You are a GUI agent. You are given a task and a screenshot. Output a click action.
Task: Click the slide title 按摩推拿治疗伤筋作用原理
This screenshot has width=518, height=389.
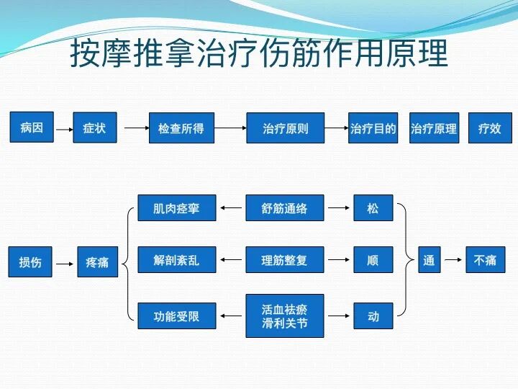[259, 54]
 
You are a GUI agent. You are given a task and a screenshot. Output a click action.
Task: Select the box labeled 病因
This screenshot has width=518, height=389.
[32, 128]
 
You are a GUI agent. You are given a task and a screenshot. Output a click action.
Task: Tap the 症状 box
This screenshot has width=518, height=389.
[94, 128]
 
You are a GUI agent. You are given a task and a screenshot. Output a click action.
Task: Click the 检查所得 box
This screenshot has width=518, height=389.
[181, 128]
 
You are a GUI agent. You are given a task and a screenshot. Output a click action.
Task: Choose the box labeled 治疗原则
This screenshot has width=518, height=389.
[285, 128]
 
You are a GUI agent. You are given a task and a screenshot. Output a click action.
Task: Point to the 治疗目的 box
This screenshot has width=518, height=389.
[373, 128]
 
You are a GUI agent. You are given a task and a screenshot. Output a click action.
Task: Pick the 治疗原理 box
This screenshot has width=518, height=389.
[434, 128]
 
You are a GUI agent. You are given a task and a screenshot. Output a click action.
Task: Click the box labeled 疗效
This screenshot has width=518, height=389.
[490, 128]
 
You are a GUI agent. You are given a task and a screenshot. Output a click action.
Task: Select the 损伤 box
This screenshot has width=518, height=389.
[30, 262]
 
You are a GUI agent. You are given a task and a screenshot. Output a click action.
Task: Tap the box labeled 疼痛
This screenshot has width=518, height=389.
[97, 262]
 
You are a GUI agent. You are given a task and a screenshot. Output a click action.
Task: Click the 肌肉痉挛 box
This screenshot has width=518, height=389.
[176, 208]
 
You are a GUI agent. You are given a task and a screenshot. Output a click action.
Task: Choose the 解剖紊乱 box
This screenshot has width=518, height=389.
[176, 260]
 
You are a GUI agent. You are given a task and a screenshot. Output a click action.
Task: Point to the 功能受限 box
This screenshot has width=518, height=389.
[176, 316]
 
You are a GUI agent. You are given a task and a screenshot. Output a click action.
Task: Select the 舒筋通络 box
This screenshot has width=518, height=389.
[285, 208]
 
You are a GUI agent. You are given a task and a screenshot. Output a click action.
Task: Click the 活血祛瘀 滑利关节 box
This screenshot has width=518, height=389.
[285, 316]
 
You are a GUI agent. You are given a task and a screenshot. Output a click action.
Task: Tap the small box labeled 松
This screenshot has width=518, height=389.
[373, 208]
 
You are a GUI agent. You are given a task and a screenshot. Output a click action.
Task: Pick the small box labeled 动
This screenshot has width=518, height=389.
[373, 316]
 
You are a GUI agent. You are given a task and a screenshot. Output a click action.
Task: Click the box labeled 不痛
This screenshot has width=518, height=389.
[485, 260]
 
